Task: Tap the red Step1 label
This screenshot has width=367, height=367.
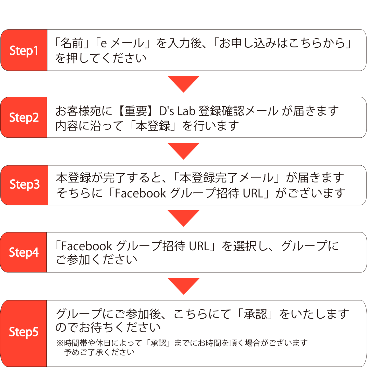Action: (x=24, y=50)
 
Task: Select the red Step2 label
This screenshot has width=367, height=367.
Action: (x=24, y=117)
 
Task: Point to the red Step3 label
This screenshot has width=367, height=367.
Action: (x=24, y=185)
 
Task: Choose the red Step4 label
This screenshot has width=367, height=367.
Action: (x=24, y=252)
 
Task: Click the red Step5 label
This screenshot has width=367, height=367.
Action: (x=23, y=332)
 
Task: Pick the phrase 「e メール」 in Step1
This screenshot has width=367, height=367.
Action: (x=122, y=43)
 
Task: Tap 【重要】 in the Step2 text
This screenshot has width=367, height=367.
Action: (x=136, y=111)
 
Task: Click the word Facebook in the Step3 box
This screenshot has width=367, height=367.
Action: (x=140, y=193)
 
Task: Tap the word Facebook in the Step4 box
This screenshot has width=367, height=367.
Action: (x=86, y=246)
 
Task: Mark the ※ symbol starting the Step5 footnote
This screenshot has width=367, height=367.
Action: (x=60, y=343)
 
